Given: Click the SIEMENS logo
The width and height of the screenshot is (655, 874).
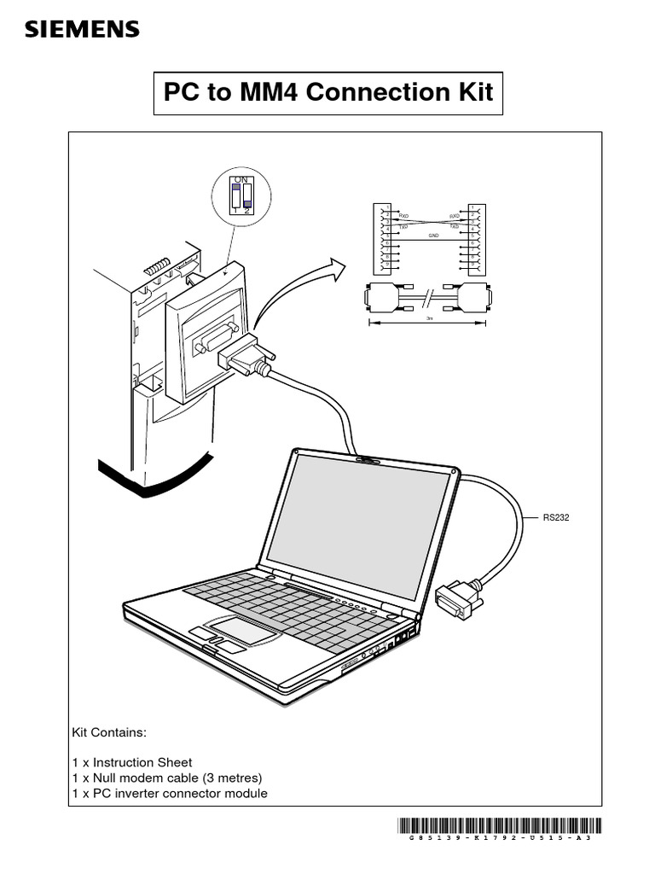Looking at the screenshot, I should [82, 31].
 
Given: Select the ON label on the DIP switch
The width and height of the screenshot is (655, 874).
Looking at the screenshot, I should [241, 180].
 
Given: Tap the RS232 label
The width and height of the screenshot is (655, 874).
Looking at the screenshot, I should [555, 517].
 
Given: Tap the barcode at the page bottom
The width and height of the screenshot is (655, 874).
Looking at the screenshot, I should [499, 825].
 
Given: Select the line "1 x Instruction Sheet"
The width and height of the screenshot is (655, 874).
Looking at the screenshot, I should [132, 762].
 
